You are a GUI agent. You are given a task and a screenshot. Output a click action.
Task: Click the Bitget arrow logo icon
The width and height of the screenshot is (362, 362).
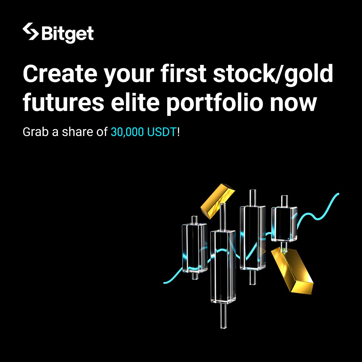pyautogui.click(x=30, y=32)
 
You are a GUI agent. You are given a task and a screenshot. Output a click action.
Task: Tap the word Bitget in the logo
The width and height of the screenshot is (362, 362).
pyautogui.click(x=68, y=34)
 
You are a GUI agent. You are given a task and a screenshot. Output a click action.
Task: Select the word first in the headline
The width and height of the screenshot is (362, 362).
pyautogui.click(x=178, y=74)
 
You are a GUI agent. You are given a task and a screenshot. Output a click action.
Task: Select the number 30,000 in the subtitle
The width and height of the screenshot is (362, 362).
pyautogui.click(x=128, y=132)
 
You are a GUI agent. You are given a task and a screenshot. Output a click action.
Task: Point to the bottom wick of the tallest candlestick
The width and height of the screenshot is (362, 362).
pyautogui.click(x=223, y=316)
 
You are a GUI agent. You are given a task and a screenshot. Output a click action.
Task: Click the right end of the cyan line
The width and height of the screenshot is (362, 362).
pyautogui.click(x=338, y=194)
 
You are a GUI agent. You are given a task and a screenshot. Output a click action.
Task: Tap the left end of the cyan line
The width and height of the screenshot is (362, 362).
pyautogui.click(x=165, y=283)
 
